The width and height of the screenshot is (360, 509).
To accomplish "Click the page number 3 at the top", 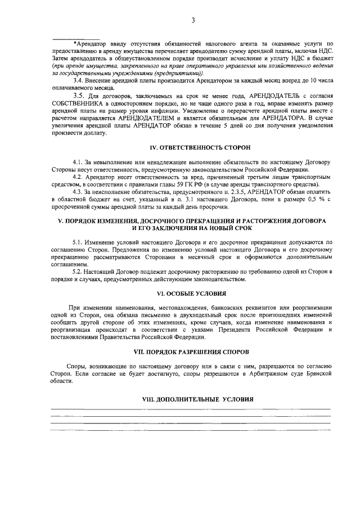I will (x=192, y=21).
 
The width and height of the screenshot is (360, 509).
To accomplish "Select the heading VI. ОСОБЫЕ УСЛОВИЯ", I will (x=192, y=294).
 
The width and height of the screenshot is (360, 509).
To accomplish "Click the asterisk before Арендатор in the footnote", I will (x=75, y=43).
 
